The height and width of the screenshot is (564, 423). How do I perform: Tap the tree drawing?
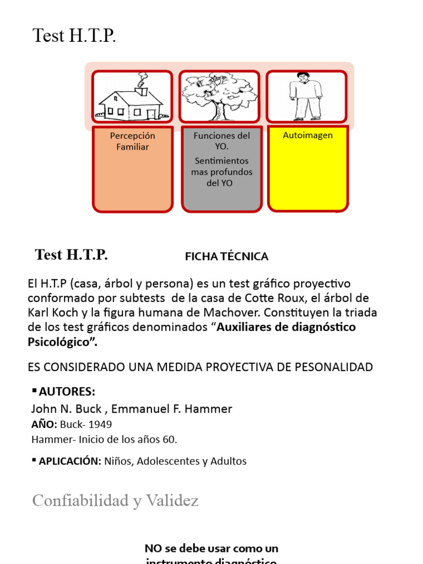[219, 97]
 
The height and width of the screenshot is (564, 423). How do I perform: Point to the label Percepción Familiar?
[132, 141]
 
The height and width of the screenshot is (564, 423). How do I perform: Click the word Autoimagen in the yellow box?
[307, 135]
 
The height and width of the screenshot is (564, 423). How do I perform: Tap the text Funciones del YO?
[221, 141]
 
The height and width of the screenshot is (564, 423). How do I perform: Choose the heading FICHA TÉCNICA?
[226, 257]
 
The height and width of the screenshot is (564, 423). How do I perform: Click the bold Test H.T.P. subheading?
[71, 255]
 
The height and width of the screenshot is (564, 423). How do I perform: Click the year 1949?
[100, 425]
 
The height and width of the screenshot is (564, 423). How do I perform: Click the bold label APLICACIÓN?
[69, 461]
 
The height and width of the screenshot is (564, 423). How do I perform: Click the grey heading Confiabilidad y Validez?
[115, 501]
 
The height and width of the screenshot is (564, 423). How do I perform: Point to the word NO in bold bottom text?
[153, 548]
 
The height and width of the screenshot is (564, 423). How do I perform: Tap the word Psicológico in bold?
[60, 341]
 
